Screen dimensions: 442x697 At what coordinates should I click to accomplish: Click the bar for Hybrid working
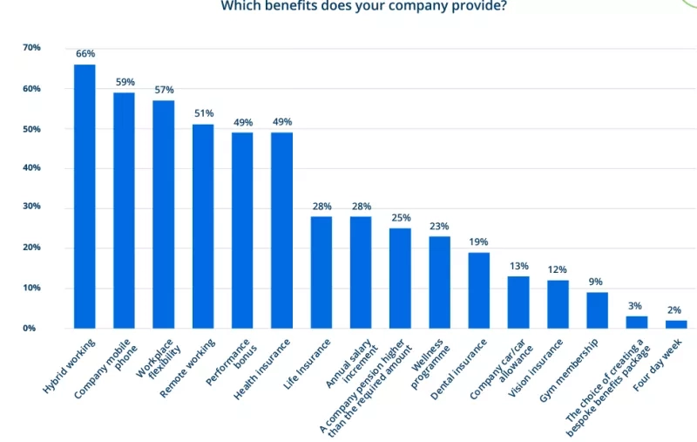[x=85, y=196]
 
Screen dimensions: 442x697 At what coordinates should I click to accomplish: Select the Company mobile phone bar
[x=125, y=210]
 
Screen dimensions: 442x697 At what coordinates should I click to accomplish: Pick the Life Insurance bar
[x=321, y=272]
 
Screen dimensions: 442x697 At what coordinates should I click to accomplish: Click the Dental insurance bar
[x=479, y=290]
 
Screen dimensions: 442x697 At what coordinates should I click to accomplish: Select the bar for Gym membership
[x=597, y=310]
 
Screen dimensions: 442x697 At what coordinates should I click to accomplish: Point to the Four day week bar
[x=676, y=324]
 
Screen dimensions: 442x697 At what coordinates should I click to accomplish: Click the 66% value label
[x=85, y=54]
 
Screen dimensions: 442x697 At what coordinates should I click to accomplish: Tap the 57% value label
[x=164, y=90]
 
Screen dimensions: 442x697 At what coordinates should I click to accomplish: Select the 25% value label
[x=401, y=218]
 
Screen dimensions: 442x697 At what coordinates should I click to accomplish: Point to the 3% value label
[x=636, y=306]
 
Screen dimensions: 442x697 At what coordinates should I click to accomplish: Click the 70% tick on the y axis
[x=31, y=47]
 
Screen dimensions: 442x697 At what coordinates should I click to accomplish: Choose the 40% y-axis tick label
[x=31, y=167]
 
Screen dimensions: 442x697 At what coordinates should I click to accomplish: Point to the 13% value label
[x=518, y=266]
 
